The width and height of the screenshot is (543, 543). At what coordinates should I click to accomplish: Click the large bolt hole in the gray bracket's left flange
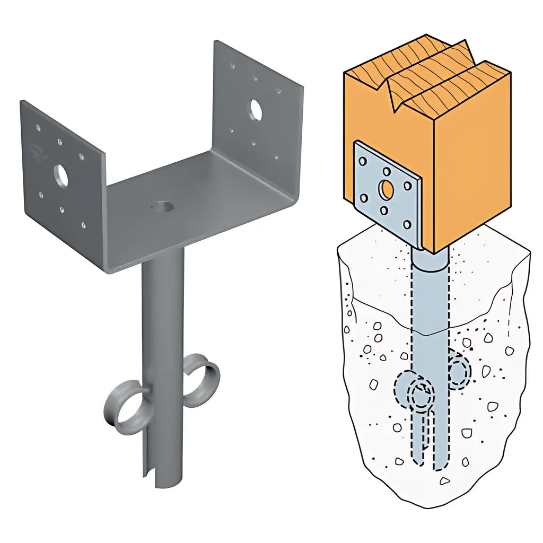(x=61, y=176)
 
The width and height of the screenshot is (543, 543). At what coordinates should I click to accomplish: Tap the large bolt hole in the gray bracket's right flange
(x=256, y=109)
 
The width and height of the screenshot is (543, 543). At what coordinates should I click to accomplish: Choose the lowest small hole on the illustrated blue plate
(x=407, y=225)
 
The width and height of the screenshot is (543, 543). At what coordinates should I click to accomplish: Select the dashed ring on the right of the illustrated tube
(x=459, y=370)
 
